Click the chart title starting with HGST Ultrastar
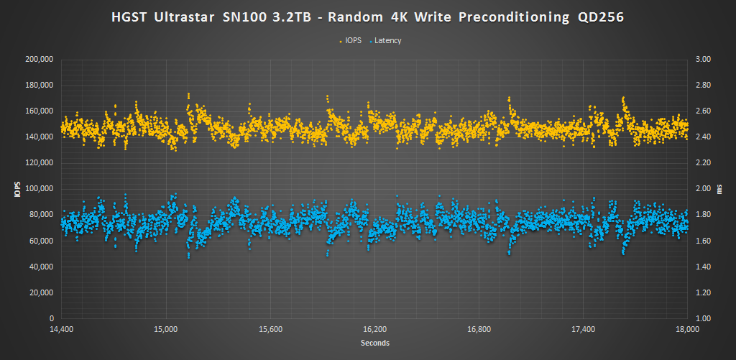367,17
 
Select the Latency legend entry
387,40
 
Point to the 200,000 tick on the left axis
40,60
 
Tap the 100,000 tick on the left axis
40,189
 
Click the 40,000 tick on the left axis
42,267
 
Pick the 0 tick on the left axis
52,318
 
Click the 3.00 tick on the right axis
701,60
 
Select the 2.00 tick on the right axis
701,189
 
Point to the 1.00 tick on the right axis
701,318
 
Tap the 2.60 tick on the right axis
701,111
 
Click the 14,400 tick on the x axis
61,329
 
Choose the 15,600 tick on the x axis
270,329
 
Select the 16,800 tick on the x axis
479,329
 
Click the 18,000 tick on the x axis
688,329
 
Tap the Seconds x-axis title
374,343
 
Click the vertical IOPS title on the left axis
16,189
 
